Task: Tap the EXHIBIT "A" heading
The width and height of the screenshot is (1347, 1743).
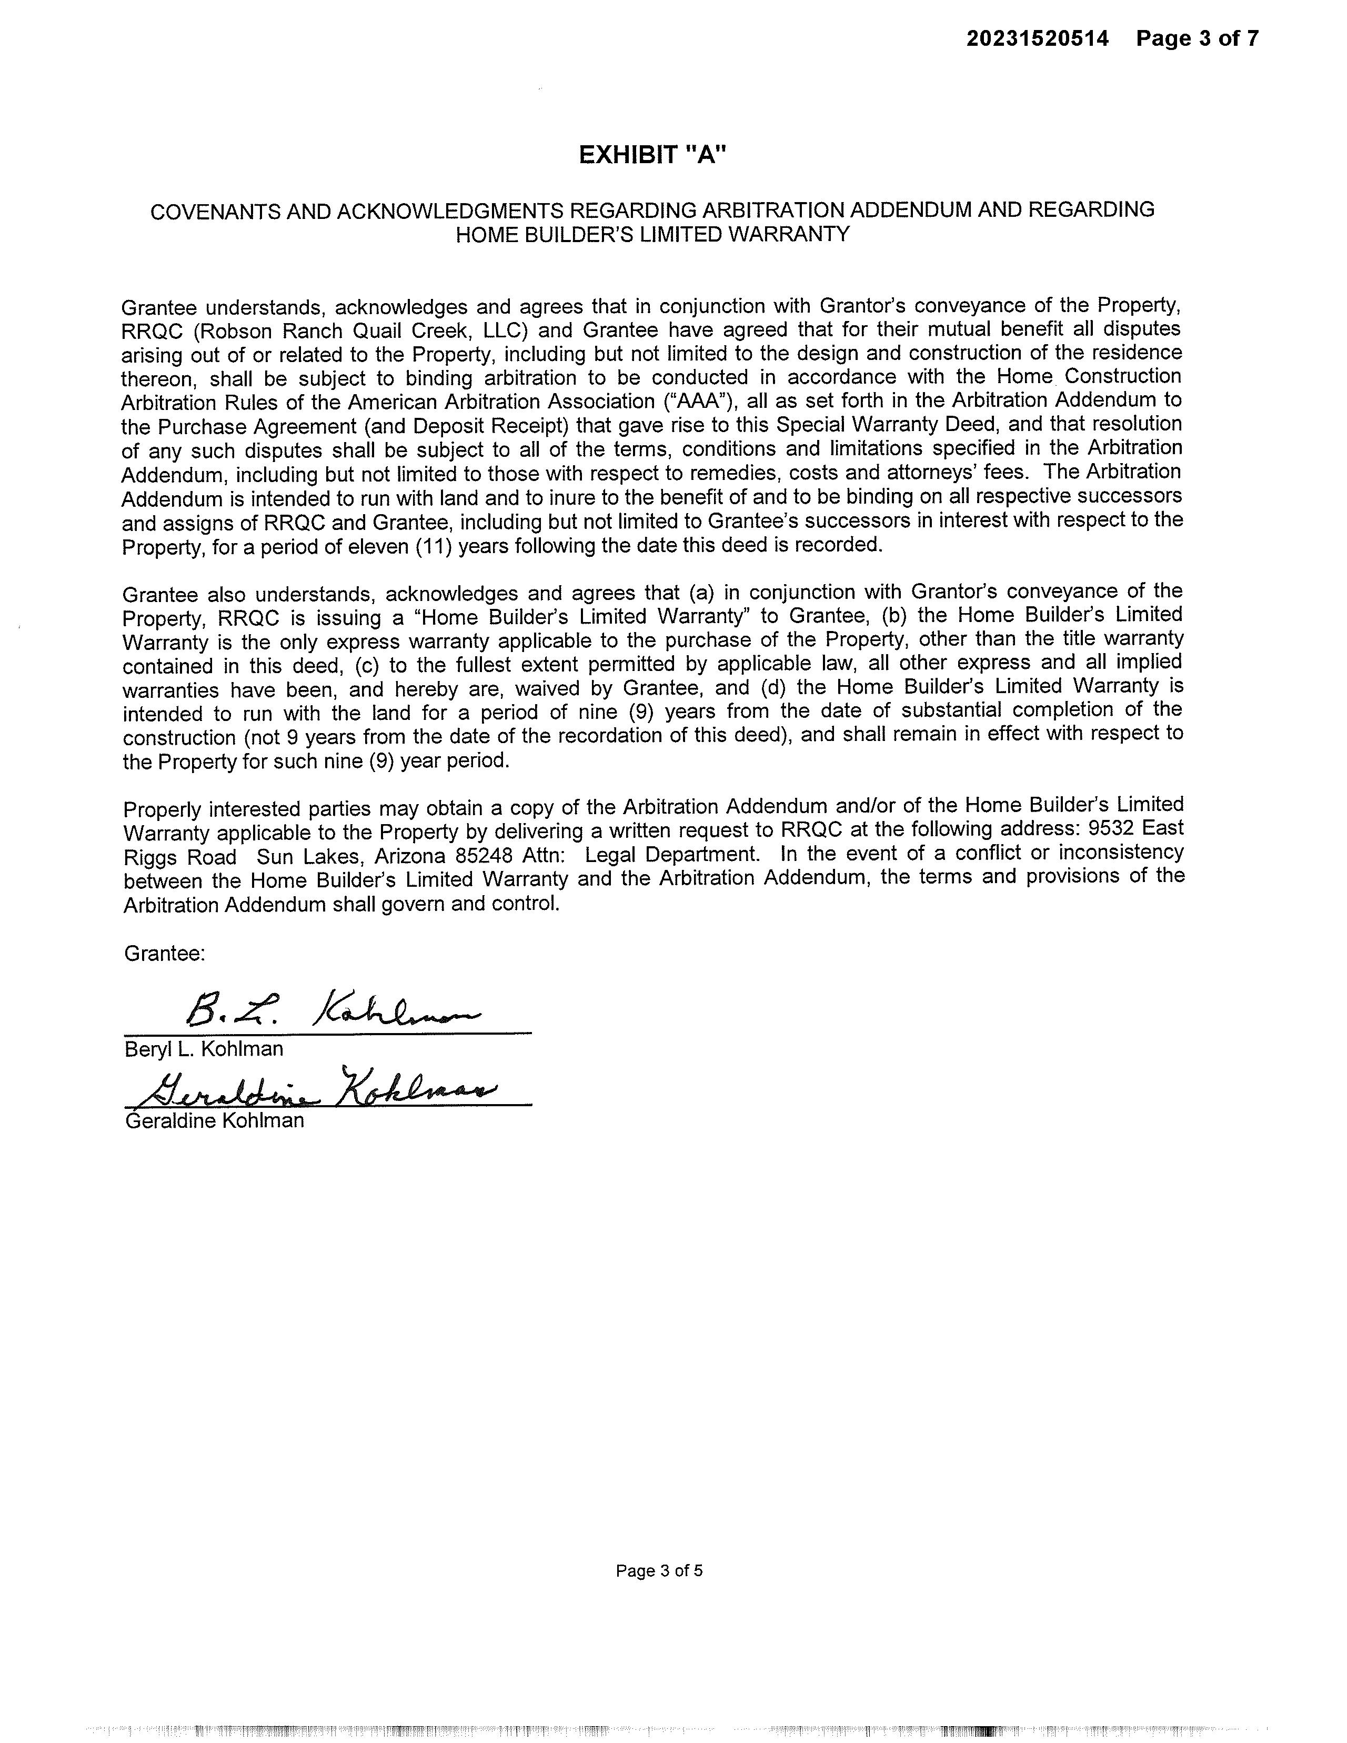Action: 653,155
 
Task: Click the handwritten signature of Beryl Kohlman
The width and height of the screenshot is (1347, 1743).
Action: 331,1011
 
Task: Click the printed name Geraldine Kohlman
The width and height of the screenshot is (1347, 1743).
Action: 215,1120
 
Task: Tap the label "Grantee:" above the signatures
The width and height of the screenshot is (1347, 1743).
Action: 164,953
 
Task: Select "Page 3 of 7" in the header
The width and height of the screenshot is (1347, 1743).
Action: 1197,38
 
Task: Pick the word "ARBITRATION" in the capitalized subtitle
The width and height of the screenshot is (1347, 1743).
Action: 772,211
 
